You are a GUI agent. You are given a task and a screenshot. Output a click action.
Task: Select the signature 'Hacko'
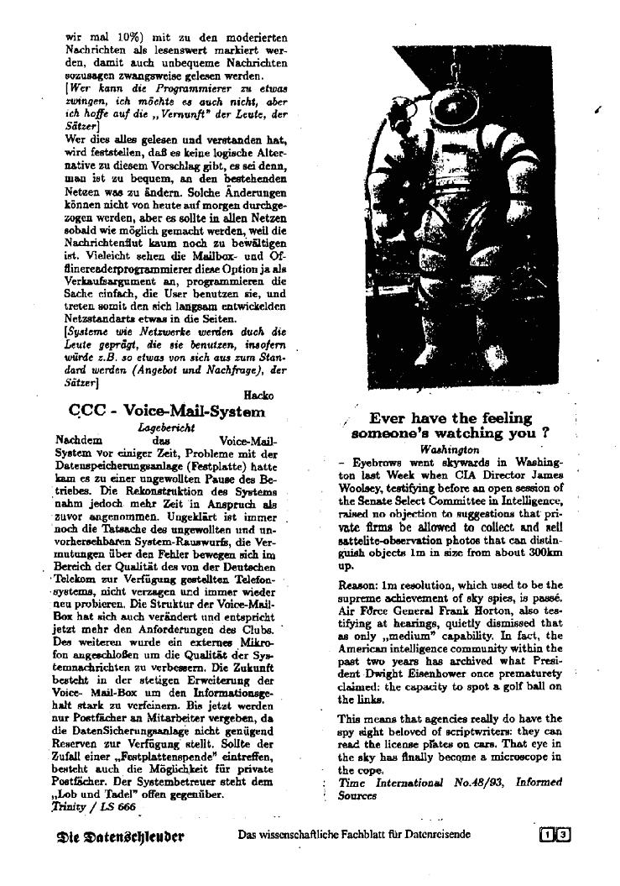pos(259,395)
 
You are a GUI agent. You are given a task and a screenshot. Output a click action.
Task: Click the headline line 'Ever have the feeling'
pos(451,418)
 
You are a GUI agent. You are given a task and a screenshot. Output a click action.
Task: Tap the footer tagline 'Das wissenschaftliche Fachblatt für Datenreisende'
pos(355,835)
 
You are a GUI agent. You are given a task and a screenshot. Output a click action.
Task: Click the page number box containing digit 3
pos(564,835)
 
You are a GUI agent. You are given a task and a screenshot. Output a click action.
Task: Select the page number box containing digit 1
pos(549,835)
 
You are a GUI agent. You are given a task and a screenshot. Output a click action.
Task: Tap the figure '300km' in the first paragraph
pos(540,554)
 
